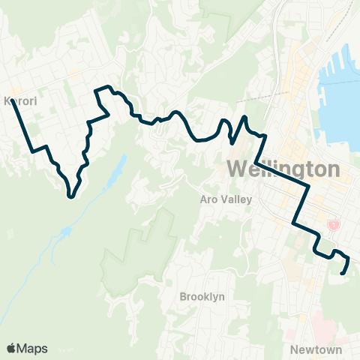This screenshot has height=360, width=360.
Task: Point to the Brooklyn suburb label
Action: click(x=202, y=297)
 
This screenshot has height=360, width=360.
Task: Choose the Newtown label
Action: click(x=315, y=349)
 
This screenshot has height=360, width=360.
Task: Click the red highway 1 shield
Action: click(x=333, y=225)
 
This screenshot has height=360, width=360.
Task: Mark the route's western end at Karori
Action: click(x=13, y=102)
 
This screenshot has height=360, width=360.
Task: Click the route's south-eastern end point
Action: click(x=343, y=274)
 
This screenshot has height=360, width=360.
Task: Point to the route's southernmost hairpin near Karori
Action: click(x=70, y=196)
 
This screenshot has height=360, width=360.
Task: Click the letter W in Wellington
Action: click(x=235, y=169)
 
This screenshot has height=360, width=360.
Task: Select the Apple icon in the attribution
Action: click(x=10, y=348)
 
